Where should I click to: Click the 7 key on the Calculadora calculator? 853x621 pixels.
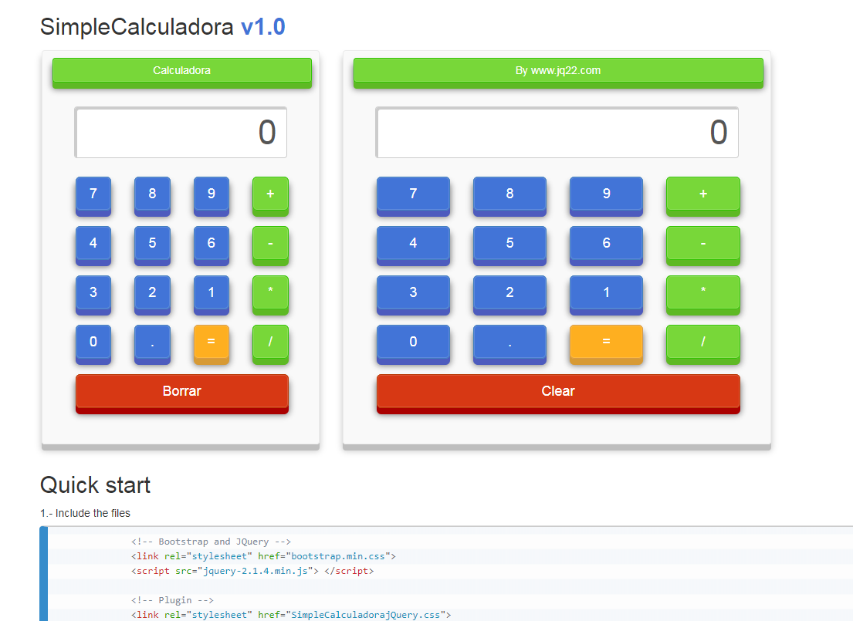(x=93, y=196)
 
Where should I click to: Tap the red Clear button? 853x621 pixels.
(x=558, y=393)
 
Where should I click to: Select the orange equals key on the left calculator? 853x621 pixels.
(x=211, y=343)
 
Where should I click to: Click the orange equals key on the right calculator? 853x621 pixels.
(x=606, y=343)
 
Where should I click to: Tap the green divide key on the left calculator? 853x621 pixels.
(x=270, y=343)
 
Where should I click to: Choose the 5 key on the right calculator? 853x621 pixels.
(x=509, y=245)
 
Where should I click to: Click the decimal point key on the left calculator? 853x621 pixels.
(x=152, y=343)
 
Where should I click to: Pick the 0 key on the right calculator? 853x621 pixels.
(x=413, y=343)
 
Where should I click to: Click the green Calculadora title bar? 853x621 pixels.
(x=181, y=73)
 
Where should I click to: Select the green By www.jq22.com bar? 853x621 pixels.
(x=558, y=73)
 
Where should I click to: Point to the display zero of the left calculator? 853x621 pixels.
(x=267, y=132)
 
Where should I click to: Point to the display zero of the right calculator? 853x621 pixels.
(x=719, y=132)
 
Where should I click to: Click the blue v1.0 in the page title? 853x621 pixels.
(x=262, y=27)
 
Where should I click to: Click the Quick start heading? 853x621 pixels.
(x=95, y=485)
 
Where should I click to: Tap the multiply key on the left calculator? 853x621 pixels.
(x=270, y=294)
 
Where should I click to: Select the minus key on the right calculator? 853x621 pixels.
(x=702, y=245)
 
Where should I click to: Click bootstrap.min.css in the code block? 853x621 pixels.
(x=338, y=556)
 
